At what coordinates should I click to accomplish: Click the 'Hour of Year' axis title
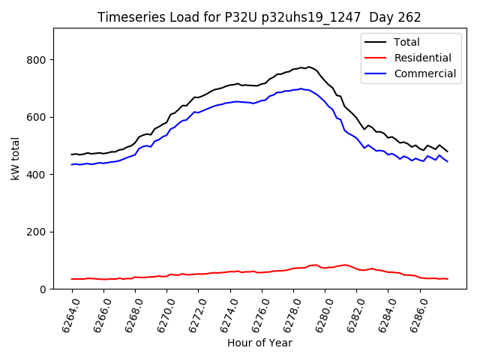(259, 343)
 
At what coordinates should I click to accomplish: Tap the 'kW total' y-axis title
(14, 158)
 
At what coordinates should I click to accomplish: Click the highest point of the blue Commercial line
(301, 88)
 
